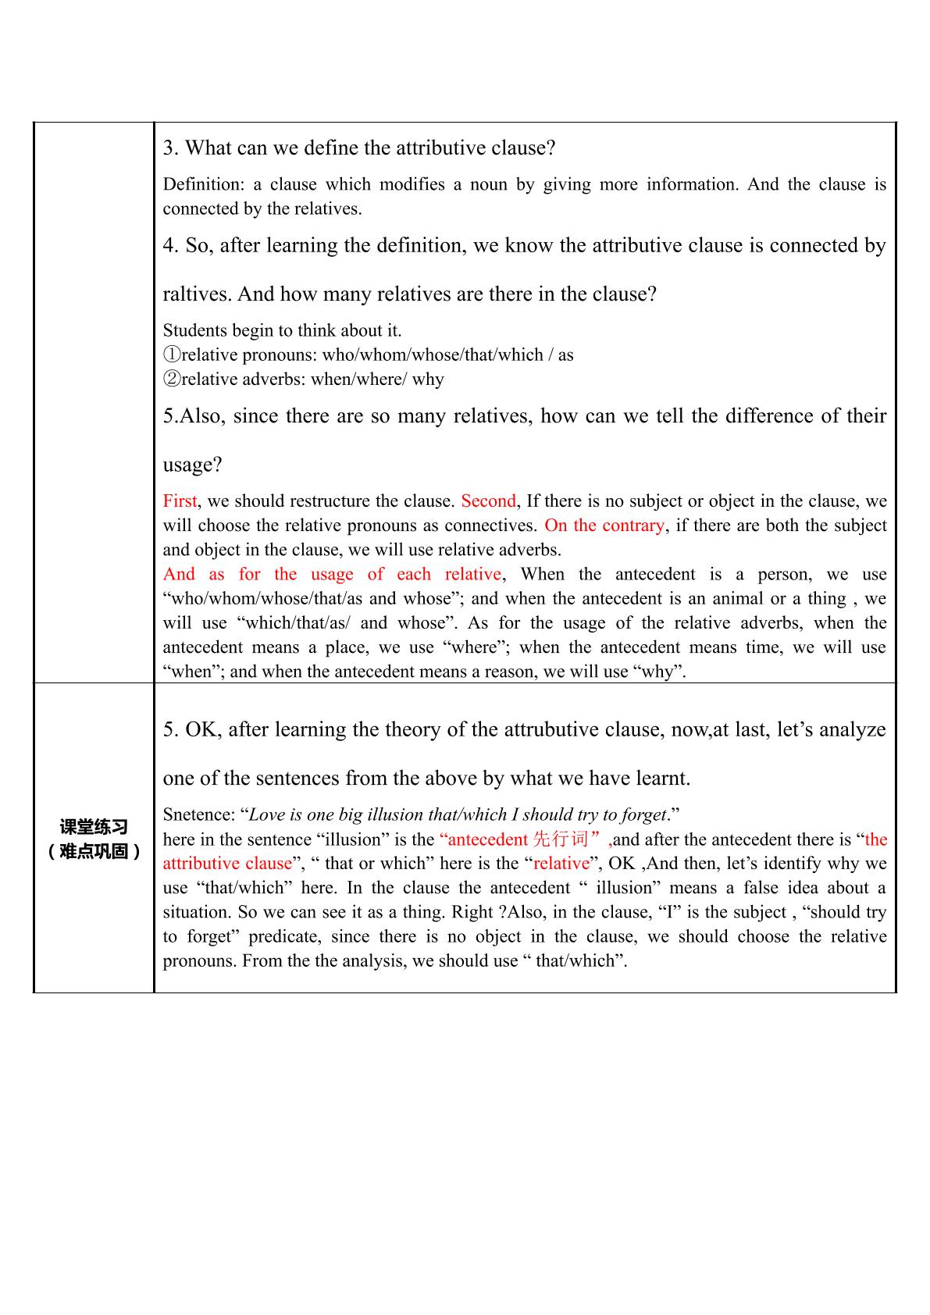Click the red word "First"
pos(180,501)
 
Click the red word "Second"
pos(488,501)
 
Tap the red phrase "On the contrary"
pos(604,526)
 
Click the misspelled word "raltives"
pos(197,294)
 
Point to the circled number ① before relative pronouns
pos(172,355)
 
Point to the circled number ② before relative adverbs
pos(172,380)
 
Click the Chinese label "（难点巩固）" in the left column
pos(94,852)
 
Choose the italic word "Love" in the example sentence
pos(267,815)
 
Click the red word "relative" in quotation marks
pos(561,864)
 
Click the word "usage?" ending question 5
pos(192,465)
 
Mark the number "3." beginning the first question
pos(172,148)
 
